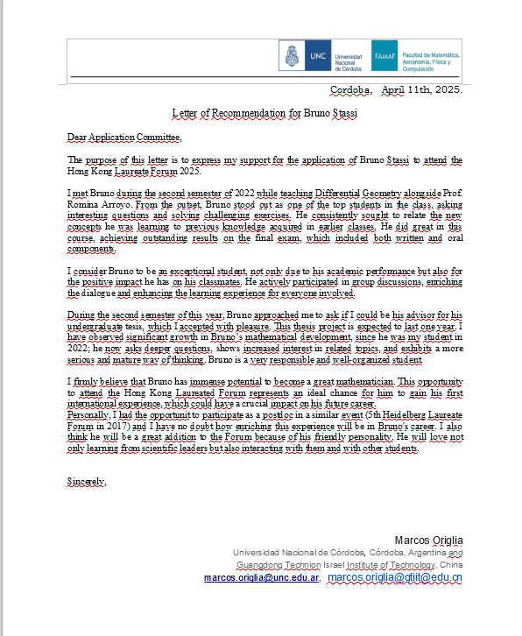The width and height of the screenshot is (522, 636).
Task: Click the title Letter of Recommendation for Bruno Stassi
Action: click(265, 114)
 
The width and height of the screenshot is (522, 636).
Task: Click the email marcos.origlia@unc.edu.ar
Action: click(261, 578)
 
